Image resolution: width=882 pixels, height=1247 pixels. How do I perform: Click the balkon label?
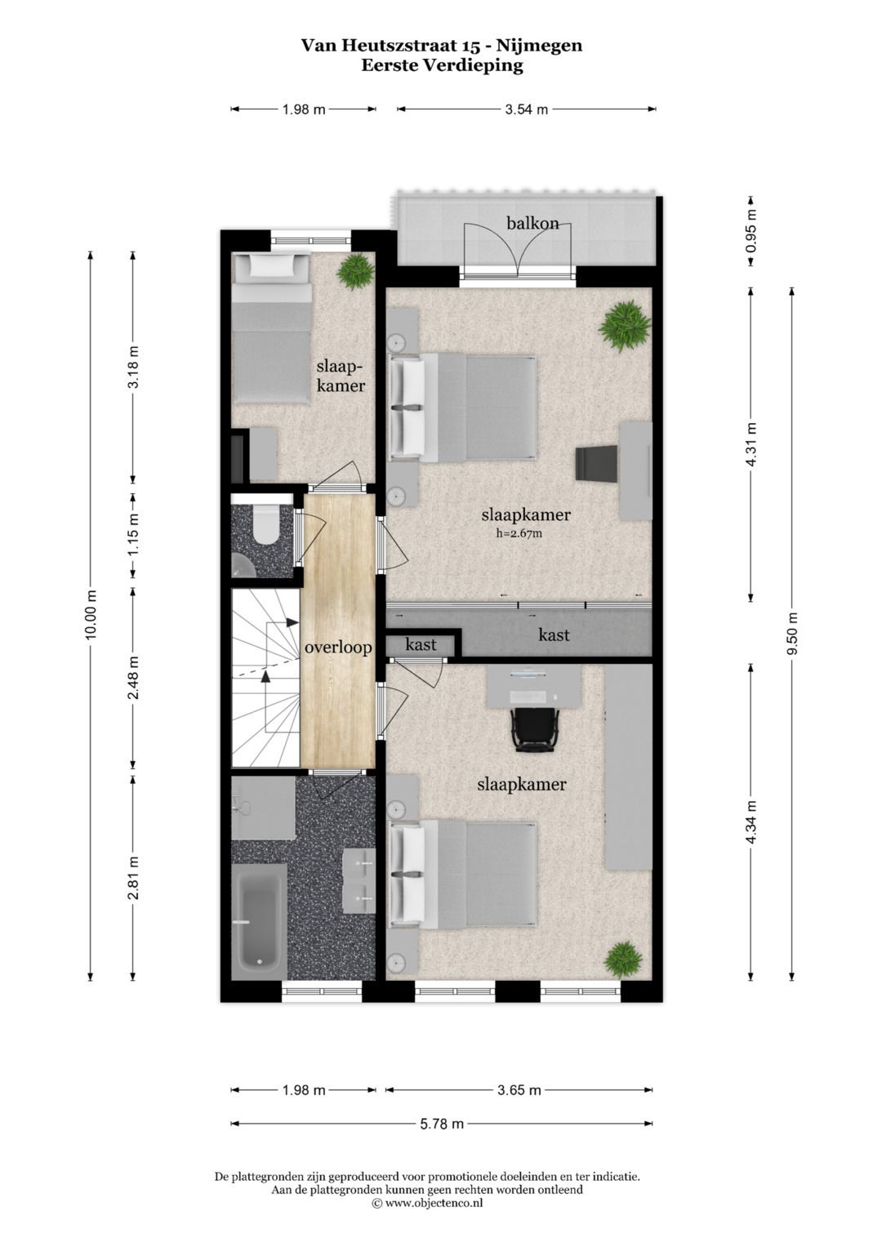(532, 223)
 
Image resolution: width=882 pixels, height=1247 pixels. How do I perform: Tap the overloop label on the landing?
(338, 648)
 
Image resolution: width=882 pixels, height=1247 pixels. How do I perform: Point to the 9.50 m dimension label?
(791, 633)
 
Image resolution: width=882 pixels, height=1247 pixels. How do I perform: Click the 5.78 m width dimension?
(442, 1124)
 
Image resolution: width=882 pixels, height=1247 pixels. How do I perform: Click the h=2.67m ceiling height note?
(519, 534)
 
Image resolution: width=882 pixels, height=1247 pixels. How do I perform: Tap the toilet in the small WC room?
(266, 524)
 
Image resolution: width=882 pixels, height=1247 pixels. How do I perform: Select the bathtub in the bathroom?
(259, 921)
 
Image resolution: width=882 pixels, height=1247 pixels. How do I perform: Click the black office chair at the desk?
(535, 728)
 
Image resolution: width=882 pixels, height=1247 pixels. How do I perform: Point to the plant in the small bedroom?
(356, 271)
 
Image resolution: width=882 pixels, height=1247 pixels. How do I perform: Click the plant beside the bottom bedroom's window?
(623, 959)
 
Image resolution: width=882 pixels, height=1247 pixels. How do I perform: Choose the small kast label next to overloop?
(421, 644)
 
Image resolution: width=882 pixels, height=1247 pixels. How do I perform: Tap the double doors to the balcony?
(518, 251)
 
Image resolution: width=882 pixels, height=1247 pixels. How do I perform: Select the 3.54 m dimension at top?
(526, 109)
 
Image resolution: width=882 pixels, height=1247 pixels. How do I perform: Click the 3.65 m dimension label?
(519, 1090)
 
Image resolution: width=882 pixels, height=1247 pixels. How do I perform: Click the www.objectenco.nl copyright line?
(427, 1203)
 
